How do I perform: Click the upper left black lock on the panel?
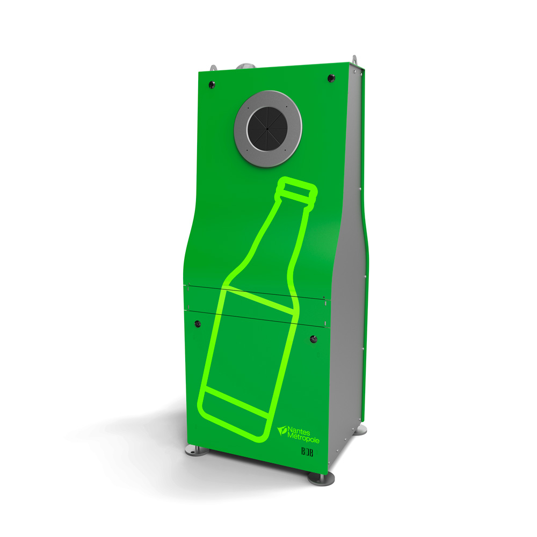point(212,84)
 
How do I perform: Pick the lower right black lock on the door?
point(314,339)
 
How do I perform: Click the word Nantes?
point(303,430)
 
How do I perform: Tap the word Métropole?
point(303,439)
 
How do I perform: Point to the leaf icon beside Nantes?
point(282,430)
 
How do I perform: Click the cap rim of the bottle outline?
point(296,188)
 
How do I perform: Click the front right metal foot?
point(322,477)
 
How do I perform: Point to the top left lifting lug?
point(214,69)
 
